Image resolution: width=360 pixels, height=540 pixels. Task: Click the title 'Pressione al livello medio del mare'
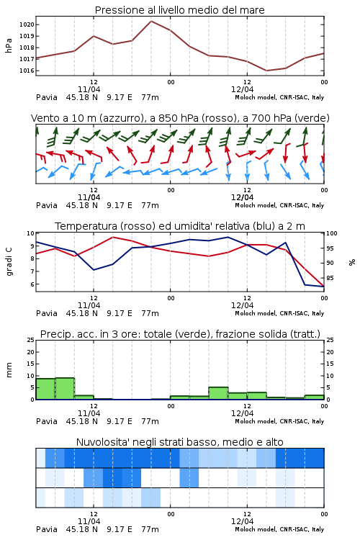coord(179,10)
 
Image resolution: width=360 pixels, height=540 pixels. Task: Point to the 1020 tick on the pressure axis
coord(27,24)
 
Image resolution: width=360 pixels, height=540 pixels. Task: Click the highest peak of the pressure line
coord(151,21)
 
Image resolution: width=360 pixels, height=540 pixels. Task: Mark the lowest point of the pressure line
coord(266,71)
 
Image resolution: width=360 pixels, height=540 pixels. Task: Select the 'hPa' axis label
coord(9,45)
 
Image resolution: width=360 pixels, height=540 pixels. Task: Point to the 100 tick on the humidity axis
coord(332,233)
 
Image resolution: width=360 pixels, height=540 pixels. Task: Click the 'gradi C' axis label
coord(9,261)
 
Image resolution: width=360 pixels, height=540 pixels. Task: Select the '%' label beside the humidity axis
coord(352,262)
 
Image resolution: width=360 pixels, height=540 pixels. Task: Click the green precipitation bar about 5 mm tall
coord(218,393)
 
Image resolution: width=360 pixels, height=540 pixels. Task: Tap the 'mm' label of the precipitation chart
coord(9,370)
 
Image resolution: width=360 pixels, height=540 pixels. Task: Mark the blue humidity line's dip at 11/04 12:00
coord(94,270)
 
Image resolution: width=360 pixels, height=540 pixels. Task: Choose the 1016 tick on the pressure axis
coord(27,71)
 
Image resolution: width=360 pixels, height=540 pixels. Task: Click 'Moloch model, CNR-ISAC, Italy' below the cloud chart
coord(279,529)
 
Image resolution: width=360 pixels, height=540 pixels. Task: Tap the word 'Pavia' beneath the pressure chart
coord(47,97)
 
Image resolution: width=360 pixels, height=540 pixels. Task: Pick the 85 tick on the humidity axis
coord(330,278)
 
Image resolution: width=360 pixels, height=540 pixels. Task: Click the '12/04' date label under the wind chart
coord(242,198)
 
